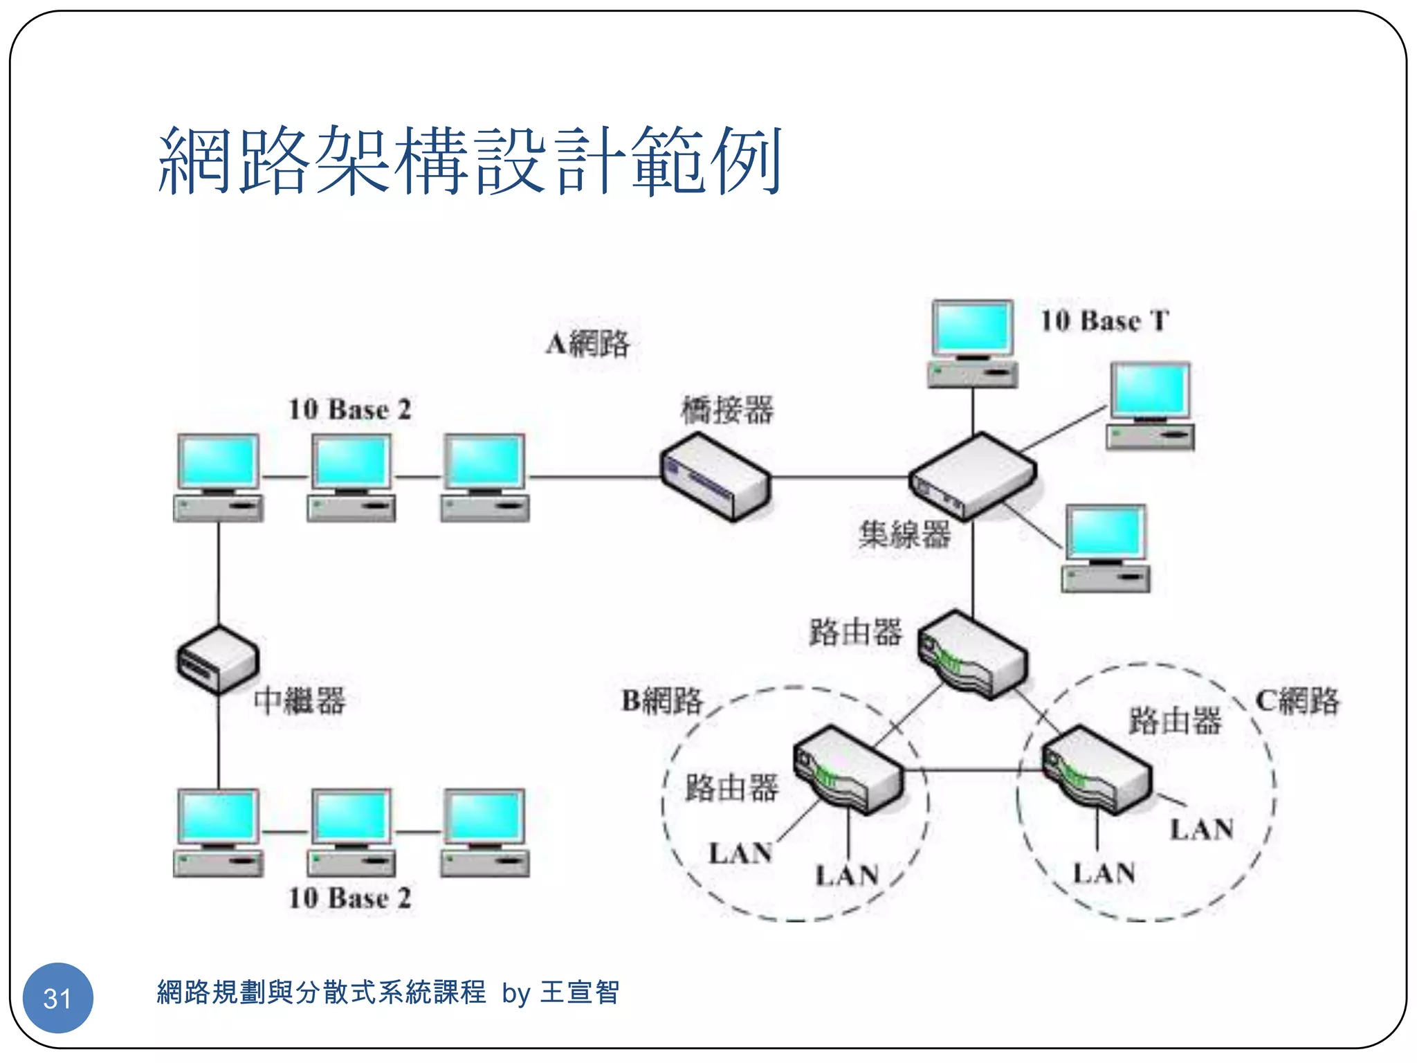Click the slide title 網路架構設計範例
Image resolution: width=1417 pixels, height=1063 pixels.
(470, 161)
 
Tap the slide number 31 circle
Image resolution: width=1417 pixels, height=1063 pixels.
(57, 997)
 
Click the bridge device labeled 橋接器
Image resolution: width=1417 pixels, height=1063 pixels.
(715, 476)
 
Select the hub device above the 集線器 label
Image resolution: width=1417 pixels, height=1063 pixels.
(972, 475)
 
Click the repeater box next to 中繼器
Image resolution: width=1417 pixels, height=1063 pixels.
(218, 660)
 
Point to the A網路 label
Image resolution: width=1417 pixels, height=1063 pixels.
(587, 343)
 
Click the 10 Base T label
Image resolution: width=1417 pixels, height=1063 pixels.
(1105, 321)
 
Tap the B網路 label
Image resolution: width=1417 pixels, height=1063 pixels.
(662, 700)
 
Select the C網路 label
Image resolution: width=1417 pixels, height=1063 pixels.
(1297, 700)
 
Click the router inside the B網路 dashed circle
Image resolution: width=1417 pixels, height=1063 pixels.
(848, 770)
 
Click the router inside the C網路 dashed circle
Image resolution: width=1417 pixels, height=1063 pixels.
(1097, 768)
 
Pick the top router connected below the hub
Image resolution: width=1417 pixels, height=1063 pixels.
(973, 654)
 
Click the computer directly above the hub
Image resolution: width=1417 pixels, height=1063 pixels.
(972, 343)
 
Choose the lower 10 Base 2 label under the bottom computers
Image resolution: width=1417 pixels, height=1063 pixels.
(350, 898)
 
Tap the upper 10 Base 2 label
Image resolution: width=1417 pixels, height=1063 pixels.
(350, 409)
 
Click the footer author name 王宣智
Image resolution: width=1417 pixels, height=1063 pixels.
(580, 992)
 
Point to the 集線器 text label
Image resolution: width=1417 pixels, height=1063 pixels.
(904, 534)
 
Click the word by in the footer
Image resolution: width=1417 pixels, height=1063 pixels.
(516, 994)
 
